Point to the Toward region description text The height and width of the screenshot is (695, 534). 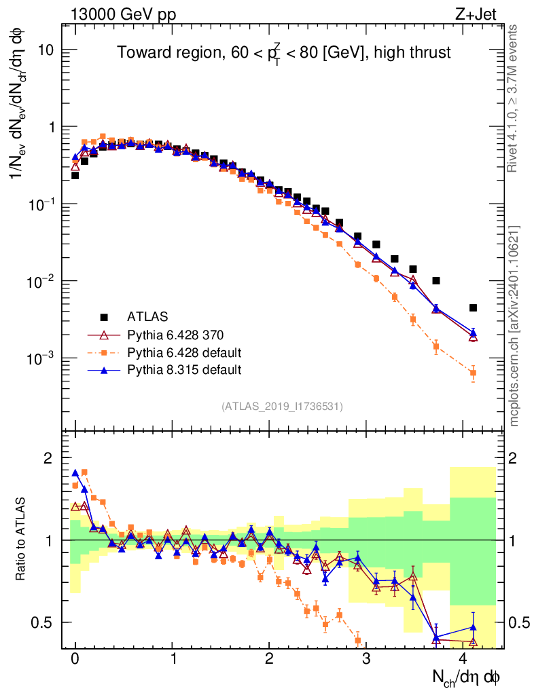283,53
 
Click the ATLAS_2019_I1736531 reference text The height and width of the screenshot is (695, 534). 282,407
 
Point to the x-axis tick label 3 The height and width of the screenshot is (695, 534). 366,659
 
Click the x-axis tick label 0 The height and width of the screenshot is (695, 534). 75,659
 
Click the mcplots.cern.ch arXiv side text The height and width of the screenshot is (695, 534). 514,326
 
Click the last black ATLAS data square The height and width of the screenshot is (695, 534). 473,307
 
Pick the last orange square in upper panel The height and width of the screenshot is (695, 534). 473,373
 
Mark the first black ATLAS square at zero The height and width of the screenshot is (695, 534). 75,175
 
